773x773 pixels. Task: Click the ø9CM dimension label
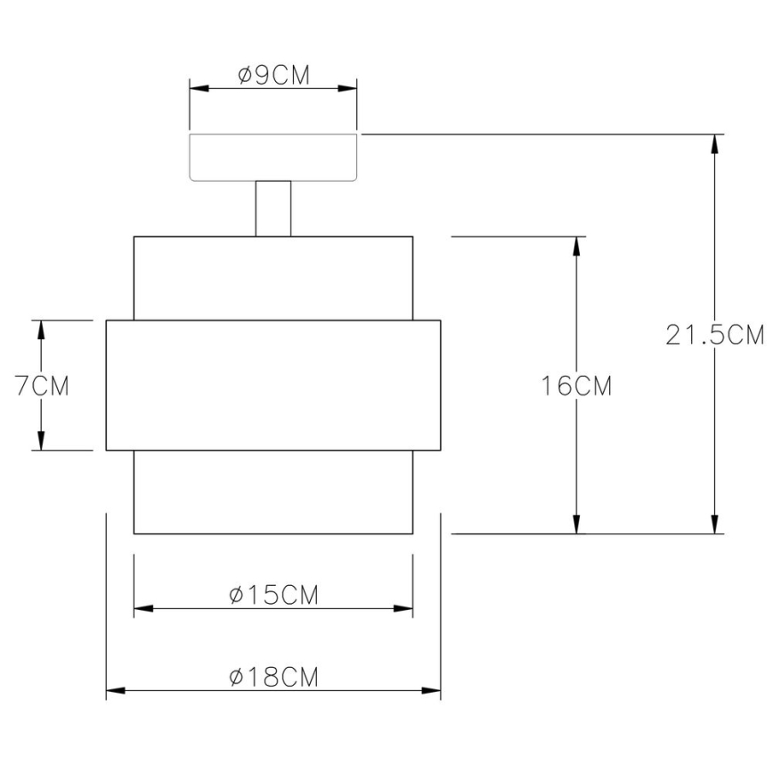point(273,76)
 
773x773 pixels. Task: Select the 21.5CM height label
point(715,335)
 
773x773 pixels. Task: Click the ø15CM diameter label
point(273,595)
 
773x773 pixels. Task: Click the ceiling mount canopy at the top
point(273,158)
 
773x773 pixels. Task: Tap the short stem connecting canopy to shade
point(273,208)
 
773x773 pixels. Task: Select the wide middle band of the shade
point(273,385)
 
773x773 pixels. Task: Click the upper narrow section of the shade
point(273,277)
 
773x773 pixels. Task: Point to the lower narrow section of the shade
point(273,492)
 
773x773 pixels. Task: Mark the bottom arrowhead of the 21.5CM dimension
point(714,525)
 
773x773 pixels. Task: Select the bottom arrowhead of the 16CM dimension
point(578,525)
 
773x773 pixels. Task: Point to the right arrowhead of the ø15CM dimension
point(405,609)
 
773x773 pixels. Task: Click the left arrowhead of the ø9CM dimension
point(198,89)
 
